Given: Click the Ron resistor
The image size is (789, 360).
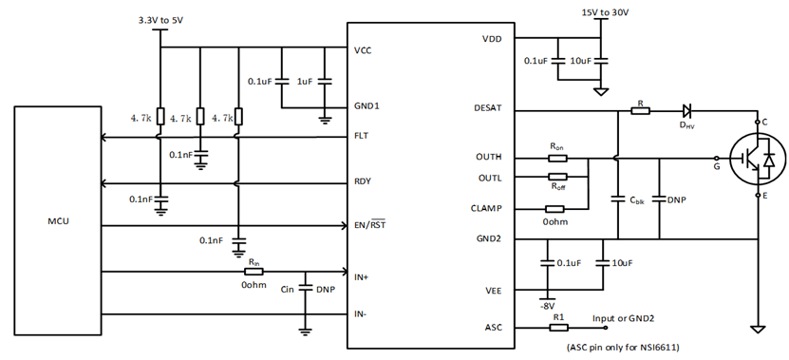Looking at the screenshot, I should pos(557,157).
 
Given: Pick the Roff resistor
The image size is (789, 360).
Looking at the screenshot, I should pos(557,178).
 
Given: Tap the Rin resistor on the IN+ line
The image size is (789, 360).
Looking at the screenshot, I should pos(254,271).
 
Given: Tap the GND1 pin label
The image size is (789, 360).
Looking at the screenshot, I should pos(366,105).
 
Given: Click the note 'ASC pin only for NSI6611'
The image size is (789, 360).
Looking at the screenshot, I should pos(629,349).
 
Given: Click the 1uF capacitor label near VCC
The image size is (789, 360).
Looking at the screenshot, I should pos(305,82).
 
